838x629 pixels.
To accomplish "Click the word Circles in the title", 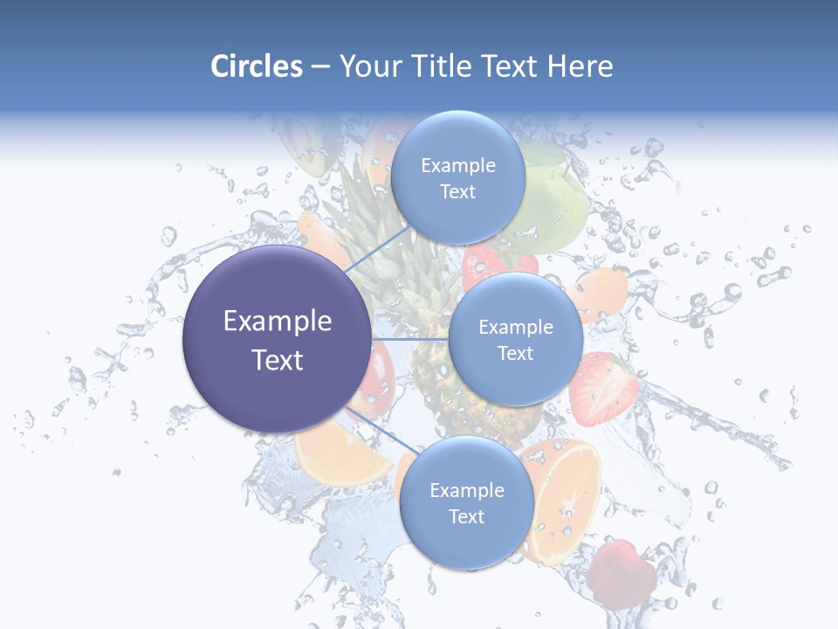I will point(257,66).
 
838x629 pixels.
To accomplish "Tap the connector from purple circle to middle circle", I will point(409,339).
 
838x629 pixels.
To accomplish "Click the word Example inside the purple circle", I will point(278,321).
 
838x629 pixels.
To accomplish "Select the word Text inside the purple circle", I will point(278,360).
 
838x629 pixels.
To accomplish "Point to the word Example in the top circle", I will point(458,166).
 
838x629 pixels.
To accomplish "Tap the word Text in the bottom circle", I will point(466,517).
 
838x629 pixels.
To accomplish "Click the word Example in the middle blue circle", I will point(516,328).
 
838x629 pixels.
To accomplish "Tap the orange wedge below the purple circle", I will point(336,459).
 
